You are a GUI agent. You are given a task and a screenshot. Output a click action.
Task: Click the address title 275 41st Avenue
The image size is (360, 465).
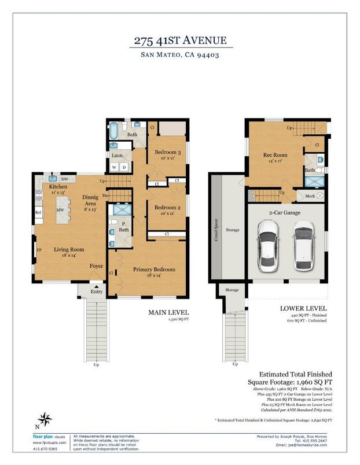click(179, 40)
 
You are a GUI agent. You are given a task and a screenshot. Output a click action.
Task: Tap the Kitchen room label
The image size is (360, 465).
click(58, 187)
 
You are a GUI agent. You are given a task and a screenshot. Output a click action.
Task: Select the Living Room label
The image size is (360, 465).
click(69, 250)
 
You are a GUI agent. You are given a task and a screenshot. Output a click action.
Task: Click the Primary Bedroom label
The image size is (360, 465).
click(153, 270)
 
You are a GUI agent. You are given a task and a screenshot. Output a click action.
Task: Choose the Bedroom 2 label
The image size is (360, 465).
click(167, 207)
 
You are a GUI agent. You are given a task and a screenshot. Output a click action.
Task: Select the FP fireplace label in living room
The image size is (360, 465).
click(40, 250)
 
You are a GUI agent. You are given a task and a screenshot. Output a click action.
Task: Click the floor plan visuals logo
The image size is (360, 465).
click(44, 437)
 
